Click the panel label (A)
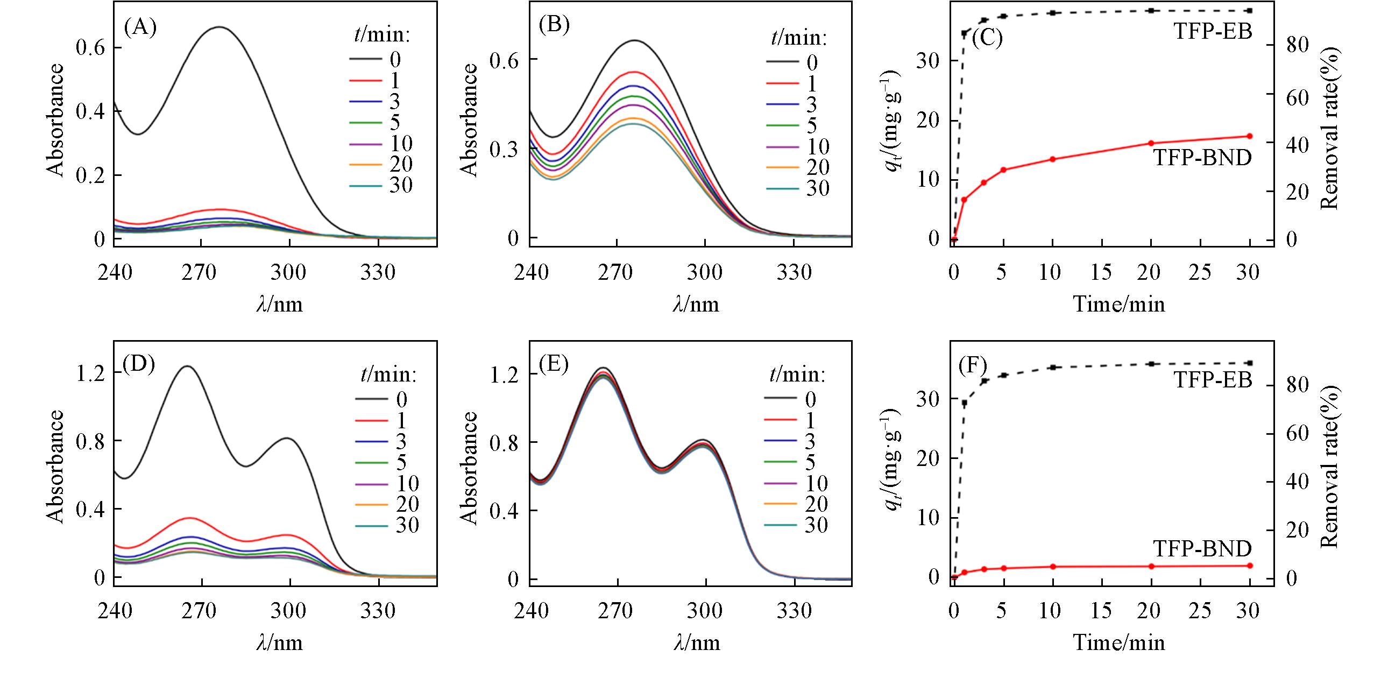[x=140, y=28]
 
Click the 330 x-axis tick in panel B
[x=795, y=272]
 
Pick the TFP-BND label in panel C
[x=1202, y=158]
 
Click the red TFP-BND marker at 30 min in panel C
[x=1250, y=136]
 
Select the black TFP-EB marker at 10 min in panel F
[x=1053, y=367]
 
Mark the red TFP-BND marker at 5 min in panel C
[x=1003, y=170]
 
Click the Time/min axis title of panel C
[x=1119, y=305]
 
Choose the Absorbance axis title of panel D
[x=55, y=467]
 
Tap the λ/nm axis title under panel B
[x=696, y=305]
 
